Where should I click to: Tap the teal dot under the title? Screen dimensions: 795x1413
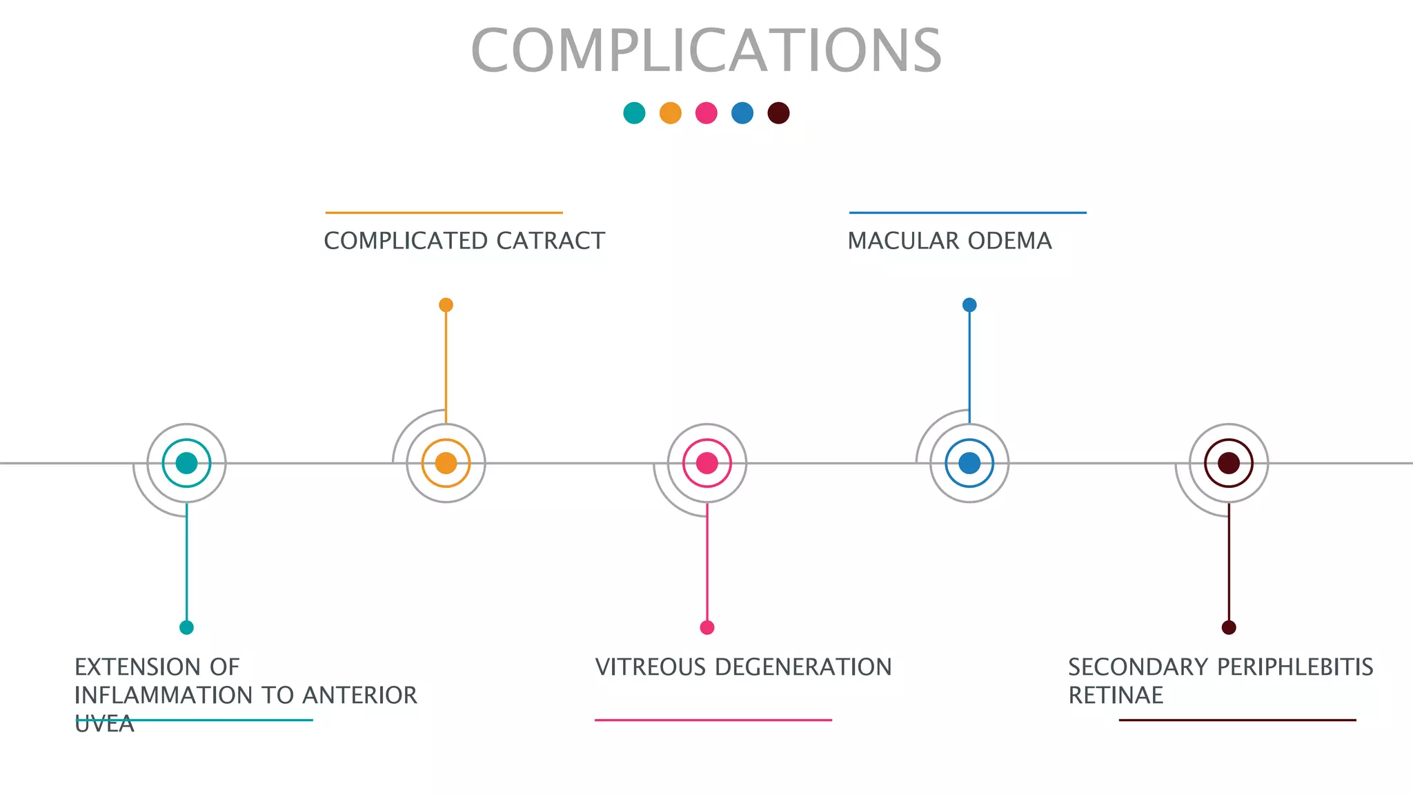[x=634, y=112]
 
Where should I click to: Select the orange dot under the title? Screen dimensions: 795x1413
[x=670, y=112]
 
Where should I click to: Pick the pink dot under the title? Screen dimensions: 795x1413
[x=706, y=112]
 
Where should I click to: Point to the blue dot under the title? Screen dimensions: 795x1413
[x=742, y=112]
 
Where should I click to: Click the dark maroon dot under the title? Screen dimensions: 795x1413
[x=778, y=112]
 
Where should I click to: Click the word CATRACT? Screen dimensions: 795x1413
[x=550, y=241]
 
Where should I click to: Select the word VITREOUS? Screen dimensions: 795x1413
[x=651, y=667]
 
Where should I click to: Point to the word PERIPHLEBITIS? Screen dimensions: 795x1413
[x=1294, y=667]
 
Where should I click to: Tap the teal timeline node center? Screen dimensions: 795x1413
[x=186, y=463]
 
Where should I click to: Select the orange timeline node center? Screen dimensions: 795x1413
[x=446, y=463]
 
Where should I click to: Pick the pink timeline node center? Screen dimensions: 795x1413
[x=707, y=463]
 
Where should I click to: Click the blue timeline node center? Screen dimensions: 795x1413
[x=969, y=463]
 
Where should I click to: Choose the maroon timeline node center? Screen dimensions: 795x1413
[x=1229, y=463]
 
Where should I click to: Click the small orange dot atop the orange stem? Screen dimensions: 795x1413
[x=446, y=305]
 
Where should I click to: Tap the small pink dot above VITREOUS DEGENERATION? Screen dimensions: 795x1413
[x=707, y=627]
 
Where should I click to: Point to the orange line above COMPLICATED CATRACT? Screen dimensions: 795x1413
[x=444, y=213]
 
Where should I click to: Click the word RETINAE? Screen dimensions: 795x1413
[x=1116, y=696]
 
